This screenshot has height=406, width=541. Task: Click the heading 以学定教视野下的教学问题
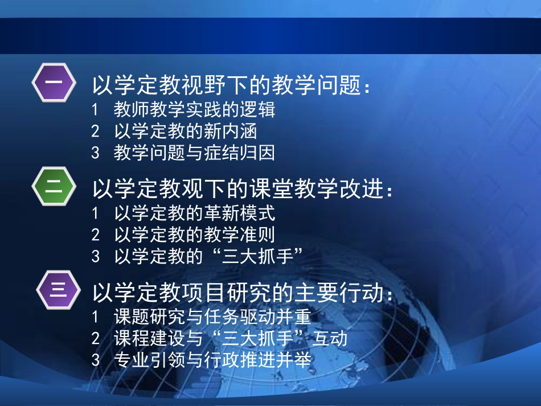pyautogui.click(x=226, y=87)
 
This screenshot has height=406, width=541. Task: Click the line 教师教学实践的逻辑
pyautogui.click(x=194, y=109)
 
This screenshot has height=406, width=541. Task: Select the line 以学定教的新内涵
pyautogui.click(x=185, y=132)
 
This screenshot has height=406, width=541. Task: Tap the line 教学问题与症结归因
pyautogui.click(x=194, y=153)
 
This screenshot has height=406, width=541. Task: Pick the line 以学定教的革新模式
pyautogui.click(x=194, y=214)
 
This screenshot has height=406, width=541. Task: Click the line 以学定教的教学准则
pyautogui.click(x=194, y=235)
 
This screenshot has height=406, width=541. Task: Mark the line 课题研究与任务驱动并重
pyautogui.click(x=212, y=317)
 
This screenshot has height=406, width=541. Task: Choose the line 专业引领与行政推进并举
pyautogui.click(x=212, y=360)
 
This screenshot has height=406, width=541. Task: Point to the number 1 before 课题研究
pyautogui.click(x=95, y=317)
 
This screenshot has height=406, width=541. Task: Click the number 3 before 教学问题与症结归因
pyautogui.click(x=95, y=153)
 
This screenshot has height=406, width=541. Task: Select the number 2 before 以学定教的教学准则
pyautogui.click(x=95, y=235)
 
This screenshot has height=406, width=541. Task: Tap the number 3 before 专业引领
pyautogui.click(x=95, y=360)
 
